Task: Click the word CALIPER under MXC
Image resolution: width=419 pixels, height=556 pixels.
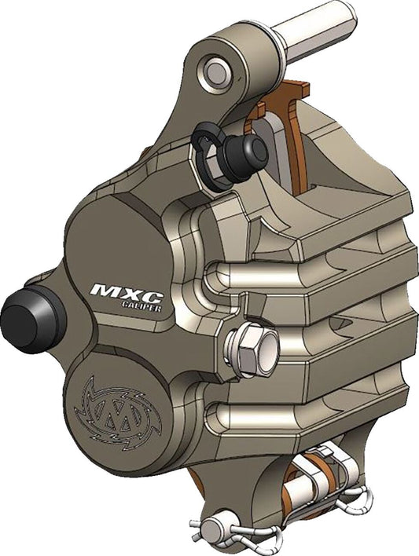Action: pyautogui.click(x=142, y=307)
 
